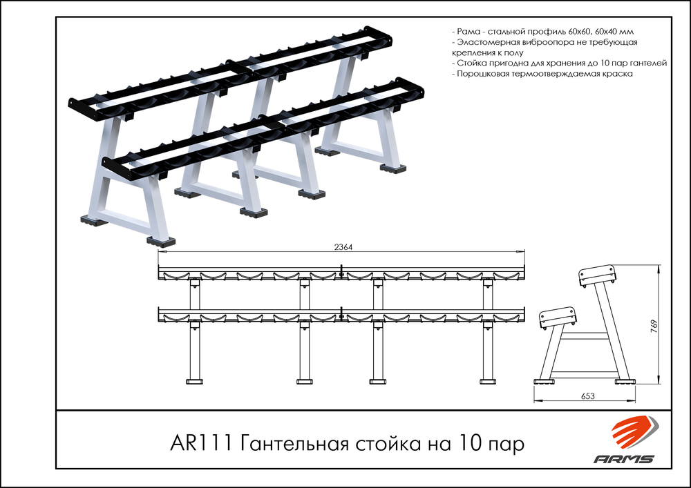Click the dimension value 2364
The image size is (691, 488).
(x=343, y=248)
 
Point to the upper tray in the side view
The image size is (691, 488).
(x=596, y=275)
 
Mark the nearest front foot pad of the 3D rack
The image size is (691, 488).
(x=160, y=242)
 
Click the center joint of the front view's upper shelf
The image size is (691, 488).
(x=341, y=275)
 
